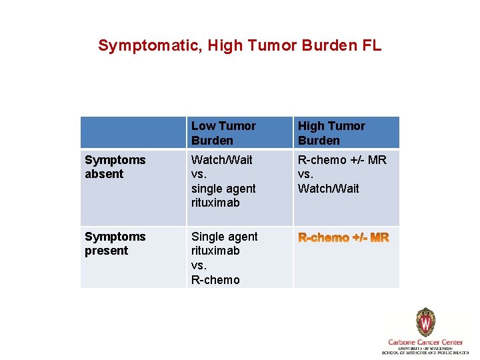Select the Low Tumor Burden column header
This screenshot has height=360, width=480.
point(223,133)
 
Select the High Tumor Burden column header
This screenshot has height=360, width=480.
point(331,133)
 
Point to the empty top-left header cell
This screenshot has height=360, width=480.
point(133,133)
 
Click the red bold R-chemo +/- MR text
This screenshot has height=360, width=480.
point(343,238)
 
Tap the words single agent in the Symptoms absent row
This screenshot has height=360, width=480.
point(223,189)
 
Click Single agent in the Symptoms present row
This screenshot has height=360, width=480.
point(224,237)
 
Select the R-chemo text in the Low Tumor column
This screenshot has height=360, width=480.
point(215,280)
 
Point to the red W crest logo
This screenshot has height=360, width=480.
point(425,323)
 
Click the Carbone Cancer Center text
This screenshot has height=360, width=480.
point(425,342)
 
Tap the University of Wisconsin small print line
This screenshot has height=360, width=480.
point(425,348)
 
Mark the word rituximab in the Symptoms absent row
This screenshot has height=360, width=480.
point(215,203)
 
